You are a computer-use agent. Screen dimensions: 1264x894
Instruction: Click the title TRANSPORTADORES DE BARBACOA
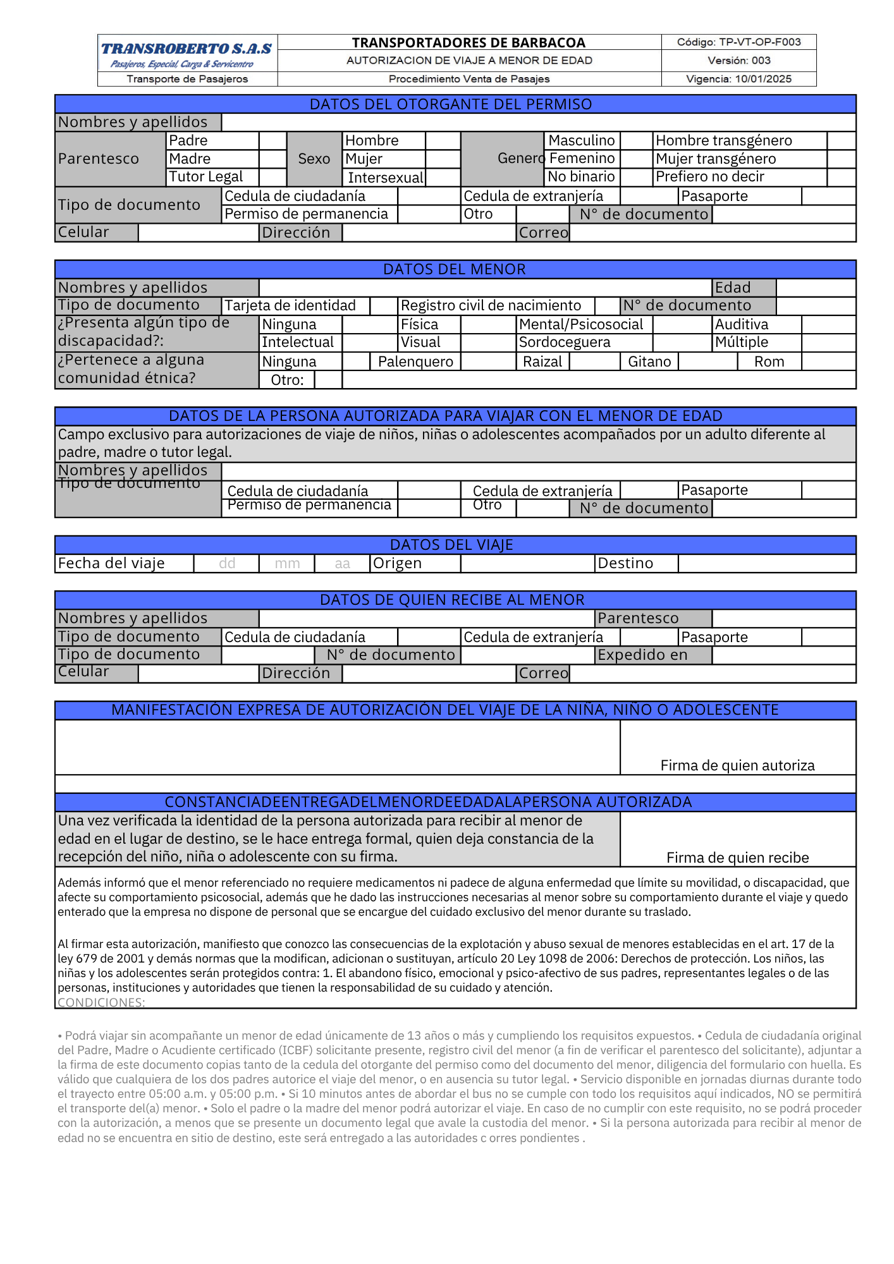tap(468, 42)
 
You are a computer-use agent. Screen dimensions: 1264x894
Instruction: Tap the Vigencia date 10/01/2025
tap(763, 79)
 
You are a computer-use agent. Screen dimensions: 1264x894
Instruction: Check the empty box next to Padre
tap(272, 140)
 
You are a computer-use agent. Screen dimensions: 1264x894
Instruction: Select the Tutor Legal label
tap(206, 177)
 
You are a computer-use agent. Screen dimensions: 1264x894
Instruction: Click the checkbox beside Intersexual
tap(443, 178)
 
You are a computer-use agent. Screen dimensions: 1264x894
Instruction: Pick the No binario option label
tap(581, 176)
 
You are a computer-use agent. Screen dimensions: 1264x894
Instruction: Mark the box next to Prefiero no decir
tap(841, 177)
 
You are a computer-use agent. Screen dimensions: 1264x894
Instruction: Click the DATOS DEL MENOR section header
tap(455, 269)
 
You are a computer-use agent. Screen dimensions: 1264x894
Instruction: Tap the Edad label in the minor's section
tap(733, 288)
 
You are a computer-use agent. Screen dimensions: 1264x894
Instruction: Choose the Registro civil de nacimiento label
tap(491, 306)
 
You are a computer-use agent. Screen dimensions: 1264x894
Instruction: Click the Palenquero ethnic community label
tap(415, 362)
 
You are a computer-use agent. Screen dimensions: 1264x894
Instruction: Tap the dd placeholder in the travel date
tap(227, 564)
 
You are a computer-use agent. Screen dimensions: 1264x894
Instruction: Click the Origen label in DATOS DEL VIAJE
tap(397, 563)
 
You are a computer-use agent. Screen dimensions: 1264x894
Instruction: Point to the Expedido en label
tap(642, 655)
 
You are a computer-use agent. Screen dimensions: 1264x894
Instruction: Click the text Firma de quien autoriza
tap(737, 766)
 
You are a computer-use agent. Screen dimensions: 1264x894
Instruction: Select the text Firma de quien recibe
tap(737, 858)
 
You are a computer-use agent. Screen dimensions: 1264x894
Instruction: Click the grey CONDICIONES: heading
tap(101, 1002)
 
